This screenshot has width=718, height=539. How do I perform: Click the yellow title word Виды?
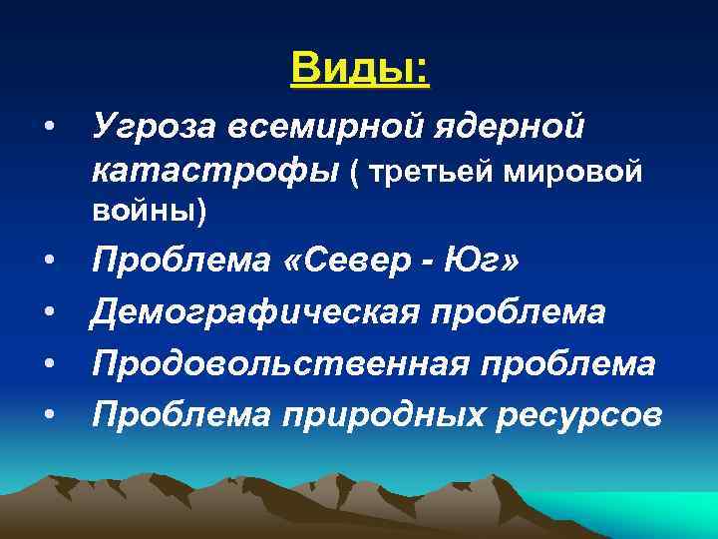pyautogui.click(x=359, y=69)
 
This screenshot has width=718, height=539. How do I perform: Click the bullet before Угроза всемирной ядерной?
pyautogui.click(x=47, y=129)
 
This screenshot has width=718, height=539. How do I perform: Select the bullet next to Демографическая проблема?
pyautogui.click(x=47, y=313)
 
